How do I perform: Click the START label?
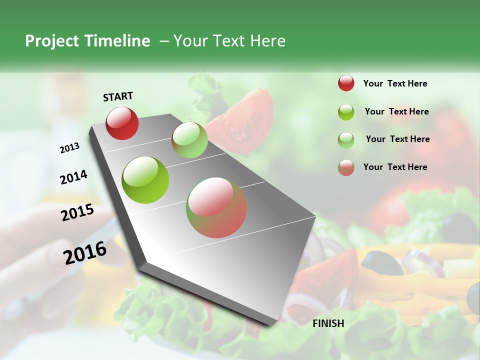coord(118,96)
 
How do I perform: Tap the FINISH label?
coord(328,323)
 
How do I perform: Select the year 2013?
coord(69,148)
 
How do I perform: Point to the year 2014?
coord(73,177)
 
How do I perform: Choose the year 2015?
coord(77,212)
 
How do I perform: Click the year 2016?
coord(85,252)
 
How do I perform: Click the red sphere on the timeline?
coord(122,122)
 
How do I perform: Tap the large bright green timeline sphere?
coord(145,180)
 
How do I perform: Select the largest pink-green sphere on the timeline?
coord(216,207)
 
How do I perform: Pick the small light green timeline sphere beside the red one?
coord(189,140)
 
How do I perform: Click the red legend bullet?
coord(346,83)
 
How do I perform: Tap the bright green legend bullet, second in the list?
coord(346,111)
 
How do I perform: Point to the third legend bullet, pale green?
coord(346,139)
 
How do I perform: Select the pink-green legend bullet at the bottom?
coord(346,167)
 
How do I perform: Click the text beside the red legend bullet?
coord(395,83)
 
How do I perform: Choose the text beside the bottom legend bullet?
coord(395,167)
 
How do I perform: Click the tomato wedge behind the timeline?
coord(247,117)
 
